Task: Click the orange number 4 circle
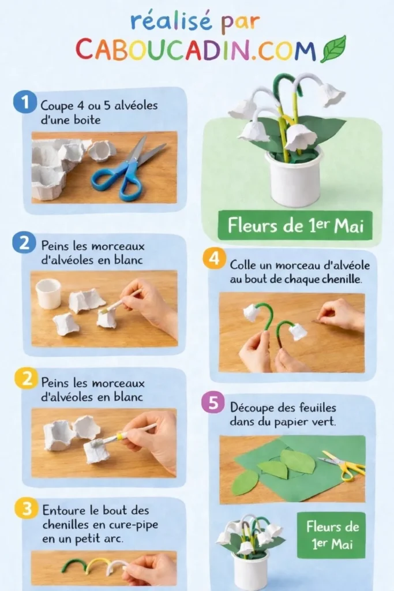(x=213, y=259)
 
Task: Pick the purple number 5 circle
(x=213, y=403)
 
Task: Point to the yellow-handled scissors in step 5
(x=344, y=464)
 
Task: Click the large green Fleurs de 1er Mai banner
(x=294, y=226)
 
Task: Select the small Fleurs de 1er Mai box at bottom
(x=331, y=535)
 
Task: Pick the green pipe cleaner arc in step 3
(x=74, y=563)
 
